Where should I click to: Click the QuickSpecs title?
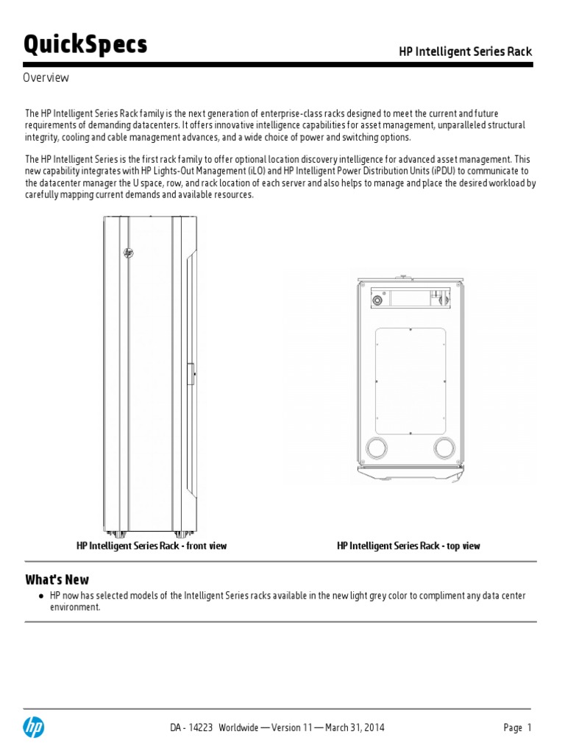pyautogui.click(x=85, y=46)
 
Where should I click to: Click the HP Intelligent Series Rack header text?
pyautogui.click(x=465, y=52)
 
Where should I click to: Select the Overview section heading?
pyautogui.click(x=46, y=77)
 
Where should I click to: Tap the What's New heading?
pyautogui.click(x=57, y=579)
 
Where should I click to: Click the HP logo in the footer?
pyautogui.click(x=33, y=728)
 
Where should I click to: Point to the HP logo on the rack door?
pyautogui.click(x=129, y=253)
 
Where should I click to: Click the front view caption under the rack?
pyautogui.click(x=152, y=546)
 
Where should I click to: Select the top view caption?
pyautogui.click(x=408, y=546)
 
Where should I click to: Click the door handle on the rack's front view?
pyautogui.click(x=191, y=374)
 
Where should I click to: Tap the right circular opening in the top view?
pyautogui.click(x=445, y=447)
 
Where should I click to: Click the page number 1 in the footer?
pyautogui.click(x=528, y=727)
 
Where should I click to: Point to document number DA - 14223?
pyautogui.click(x=191, y=727)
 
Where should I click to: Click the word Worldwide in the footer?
pyautogui.click(x=238, y=727)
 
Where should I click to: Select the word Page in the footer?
pyautogui.click(x=513, y=727)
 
